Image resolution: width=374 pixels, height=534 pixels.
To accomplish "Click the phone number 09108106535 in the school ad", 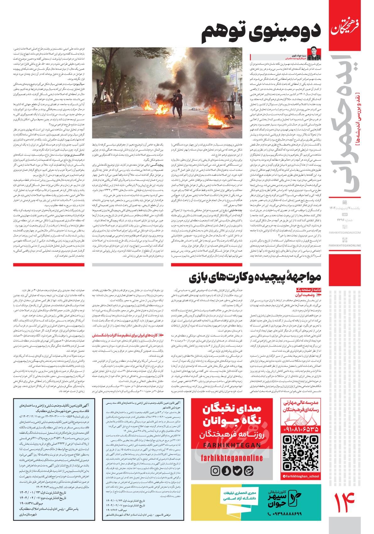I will point(301,428).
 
